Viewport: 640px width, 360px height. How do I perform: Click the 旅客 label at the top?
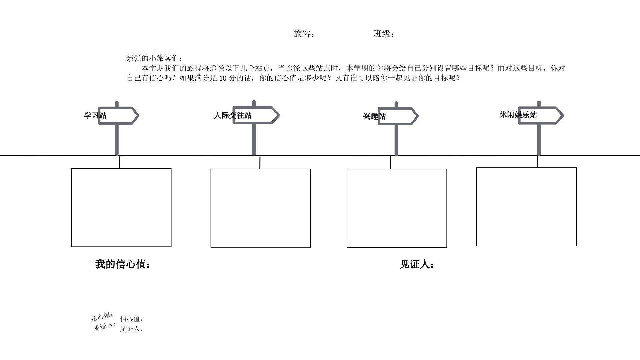pos(304,34)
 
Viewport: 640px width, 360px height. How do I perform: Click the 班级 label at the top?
pos(383,34)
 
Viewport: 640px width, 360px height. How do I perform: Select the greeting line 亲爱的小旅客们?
pos(154,58)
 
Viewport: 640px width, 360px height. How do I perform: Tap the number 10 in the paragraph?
pos(223,78)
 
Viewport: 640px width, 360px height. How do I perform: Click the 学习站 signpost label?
pos(95,116)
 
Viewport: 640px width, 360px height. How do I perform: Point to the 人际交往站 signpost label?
pos(233,115)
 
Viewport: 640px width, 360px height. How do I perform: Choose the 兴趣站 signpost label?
pos(374,116)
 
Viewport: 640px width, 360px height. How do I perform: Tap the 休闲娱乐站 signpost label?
pos(518,115)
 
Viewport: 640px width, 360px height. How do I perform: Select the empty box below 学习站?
pos(121,208)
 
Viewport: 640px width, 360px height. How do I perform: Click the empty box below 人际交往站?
pos(261,208)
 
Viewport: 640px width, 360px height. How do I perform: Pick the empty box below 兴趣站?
pos(397,208)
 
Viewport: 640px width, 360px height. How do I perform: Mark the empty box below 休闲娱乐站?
pos(526,207)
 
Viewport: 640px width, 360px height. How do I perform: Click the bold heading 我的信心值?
pos(123,264)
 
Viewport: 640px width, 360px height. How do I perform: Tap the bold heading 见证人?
pos(417,265)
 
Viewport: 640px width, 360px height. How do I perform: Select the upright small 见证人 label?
pos(131,329)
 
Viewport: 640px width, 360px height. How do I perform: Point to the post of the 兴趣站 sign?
pos(396,140)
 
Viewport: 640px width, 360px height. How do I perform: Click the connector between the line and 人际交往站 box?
pos(260,162)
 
